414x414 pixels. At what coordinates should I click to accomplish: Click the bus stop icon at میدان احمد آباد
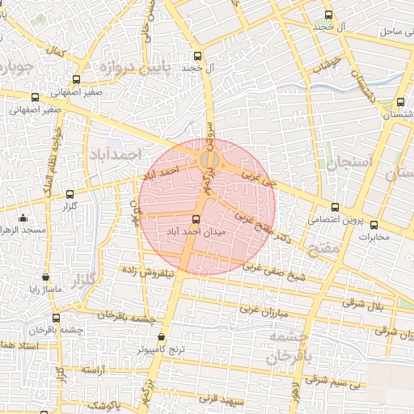tap(196, 218)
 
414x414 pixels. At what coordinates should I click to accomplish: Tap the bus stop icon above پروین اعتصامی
tap(336, 208)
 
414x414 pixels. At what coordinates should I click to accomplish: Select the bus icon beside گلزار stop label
tap(70, 194)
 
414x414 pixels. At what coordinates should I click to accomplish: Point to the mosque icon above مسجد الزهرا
tap(23, 218)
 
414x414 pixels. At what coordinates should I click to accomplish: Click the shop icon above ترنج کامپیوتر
tap(161, 337)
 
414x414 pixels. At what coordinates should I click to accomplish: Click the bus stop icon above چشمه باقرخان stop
tap(56, 318)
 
